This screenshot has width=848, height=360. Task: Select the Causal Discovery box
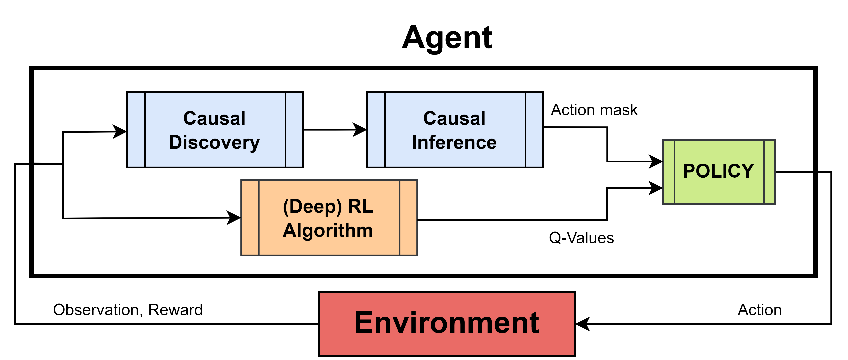tap(215, 130)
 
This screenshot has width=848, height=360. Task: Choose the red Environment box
tap(447, 324)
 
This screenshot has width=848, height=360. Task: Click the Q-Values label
tap(581, 238)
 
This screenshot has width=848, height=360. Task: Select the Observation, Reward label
tap(128, 310)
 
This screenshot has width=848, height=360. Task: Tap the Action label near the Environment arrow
tap(760, 310)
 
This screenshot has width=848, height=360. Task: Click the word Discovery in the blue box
tap(214, 143)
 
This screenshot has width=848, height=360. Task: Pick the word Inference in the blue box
tap(454, 143)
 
